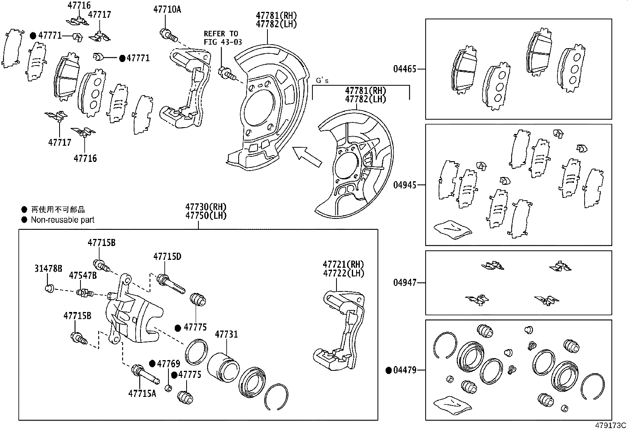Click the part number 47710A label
click(x=167, y=9)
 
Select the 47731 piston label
click(x=226, y=334)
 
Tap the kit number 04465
click(x=404, y=69)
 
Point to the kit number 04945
click(x=404, y=185)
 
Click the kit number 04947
click(x=404, y=283)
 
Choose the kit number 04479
click(x=404, y=370)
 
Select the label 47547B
click(x=83, y=275)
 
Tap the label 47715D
click(x=167, y=257)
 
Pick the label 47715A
click(x=142, y=393)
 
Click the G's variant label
click(x=322, y=81)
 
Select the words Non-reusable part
click(x=63, y=220)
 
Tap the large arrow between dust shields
click(x=307, y=156)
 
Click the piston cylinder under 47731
click(x=223, y=366)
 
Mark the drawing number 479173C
click(x=611, y=426)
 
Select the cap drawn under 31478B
click(x=49, y=288)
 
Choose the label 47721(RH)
click(x=343, y=264)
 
